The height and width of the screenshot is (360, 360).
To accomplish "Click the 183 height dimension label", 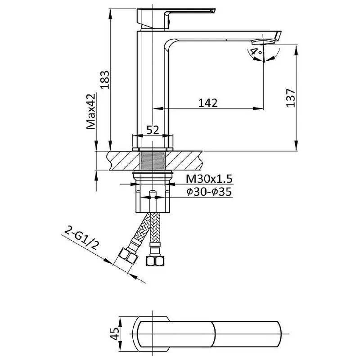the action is (x=105, y=80).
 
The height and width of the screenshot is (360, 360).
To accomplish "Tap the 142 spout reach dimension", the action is (x=208, y=103).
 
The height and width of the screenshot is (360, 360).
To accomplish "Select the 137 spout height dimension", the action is (x=290, y=98).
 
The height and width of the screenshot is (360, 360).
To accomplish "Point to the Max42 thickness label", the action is (x=91, y=111).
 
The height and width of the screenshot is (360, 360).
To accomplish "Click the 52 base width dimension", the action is (x=153, y=130).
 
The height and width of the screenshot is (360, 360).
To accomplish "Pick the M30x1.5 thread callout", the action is (x=209, y=179).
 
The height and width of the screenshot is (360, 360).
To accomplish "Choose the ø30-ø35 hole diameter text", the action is (x=209, y=192).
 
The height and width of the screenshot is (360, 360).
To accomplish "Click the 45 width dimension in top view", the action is (x=115, y=333).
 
